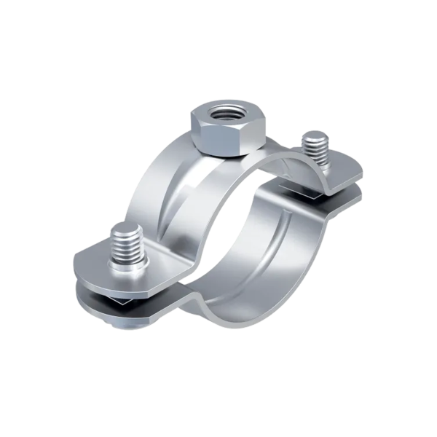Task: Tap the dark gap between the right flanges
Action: [320, 191]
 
